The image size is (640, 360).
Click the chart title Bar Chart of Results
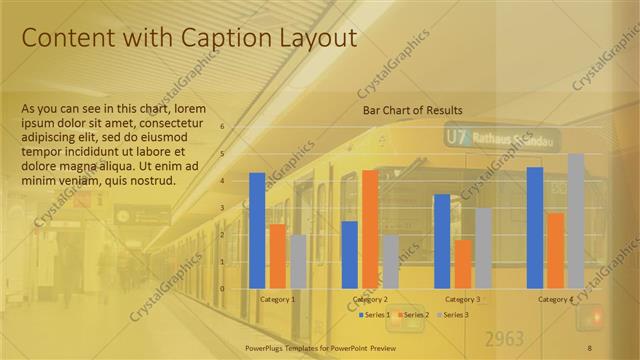point(412,110)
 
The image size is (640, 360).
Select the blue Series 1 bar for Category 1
point(257,230)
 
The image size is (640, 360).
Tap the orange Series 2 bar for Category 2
point(370,229)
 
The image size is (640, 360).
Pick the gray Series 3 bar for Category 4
point(576,221)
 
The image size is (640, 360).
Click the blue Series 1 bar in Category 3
point(441,241)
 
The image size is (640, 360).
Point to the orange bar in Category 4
point(555,250)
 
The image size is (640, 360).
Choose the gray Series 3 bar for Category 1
point(298,261)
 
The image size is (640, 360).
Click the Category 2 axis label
point(370,299)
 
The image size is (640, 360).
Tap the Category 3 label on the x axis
point(462,299)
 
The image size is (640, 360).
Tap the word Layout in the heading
point(315,38)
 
